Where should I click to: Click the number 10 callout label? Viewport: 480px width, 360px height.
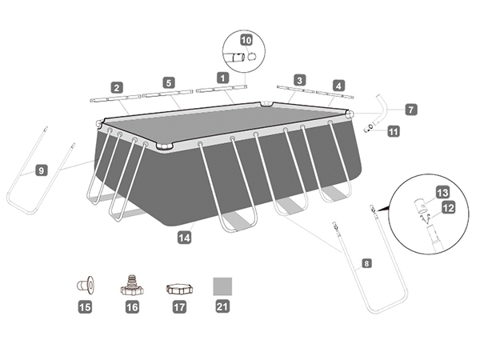pos(246,40)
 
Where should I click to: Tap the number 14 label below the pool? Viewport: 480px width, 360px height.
pos(184,238)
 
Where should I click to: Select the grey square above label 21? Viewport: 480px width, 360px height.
pos(222,286)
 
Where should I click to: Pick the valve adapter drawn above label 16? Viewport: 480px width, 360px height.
pos(132,286)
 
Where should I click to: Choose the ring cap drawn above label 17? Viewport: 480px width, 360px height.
pos(180,289)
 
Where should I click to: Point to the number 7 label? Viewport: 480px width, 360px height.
pos(411,110)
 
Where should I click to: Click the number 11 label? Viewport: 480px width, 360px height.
pos(394,132)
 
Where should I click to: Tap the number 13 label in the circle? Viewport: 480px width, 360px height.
pos(442,193)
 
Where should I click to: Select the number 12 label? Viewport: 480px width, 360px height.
pos(449,208)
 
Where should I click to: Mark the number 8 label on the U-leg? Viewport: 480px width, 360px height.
pos(366,263)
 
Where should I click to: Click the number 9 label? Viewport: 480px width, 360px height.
pos(42,170)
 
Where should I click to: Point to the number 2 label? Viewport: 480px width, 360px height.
pos(117,88)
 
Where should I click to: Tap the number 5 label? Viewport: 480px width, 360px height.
pos(169,82)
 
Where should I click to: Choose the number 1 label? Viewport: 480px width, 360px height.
pos(222,78)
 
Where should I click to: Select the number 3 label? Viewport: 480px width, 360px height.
pos(299,80)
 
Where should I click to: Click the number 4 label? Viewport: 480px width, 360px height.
pos(338,86)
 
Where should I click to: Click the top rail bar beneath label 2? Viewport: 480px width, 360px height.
pos(115,98)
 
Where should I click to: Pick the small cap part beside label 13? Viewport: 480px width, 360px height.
pos(421,206)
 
